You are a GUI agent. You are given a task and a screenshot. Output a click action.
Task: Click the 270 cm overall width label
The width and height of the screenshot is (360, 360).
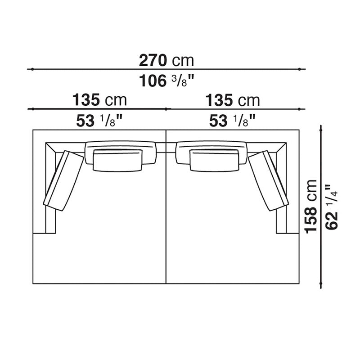[166, 60]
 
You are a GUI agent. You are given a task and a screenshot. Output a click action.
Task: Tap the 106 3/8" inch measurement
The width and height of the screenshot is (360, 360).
[166, 81]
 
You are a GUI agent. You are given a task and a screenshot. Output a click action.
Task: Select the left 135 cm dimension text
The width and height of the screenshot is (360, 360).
[99, 100]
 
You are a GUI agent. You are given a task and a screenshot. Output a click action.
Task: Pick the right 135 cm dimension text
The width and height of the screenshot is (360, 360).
[233, 100]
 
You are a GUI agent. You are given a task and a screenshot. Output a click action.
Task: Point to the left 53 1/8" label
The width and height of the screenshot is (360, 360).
[99, 120]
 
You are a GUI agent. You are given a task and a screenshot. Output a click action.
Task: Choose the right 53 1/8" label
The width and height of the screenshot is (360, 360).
[233, 120]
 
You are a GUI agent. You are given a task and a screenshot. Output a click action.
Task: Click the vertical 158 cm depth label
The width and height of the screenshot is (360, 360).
[310, 207]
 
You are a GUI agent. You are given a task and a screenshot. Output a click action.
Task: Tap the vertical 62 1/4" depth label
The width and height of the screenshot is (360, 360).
[331, 207]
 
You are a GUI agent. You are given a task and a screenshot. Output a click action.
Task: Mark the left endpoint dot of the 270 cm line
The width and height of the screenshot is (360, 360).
[32, 69]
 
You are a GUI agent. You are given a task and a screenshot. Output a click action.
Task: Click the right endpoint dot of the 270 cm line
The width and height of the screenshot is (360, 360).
[299, 69]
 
